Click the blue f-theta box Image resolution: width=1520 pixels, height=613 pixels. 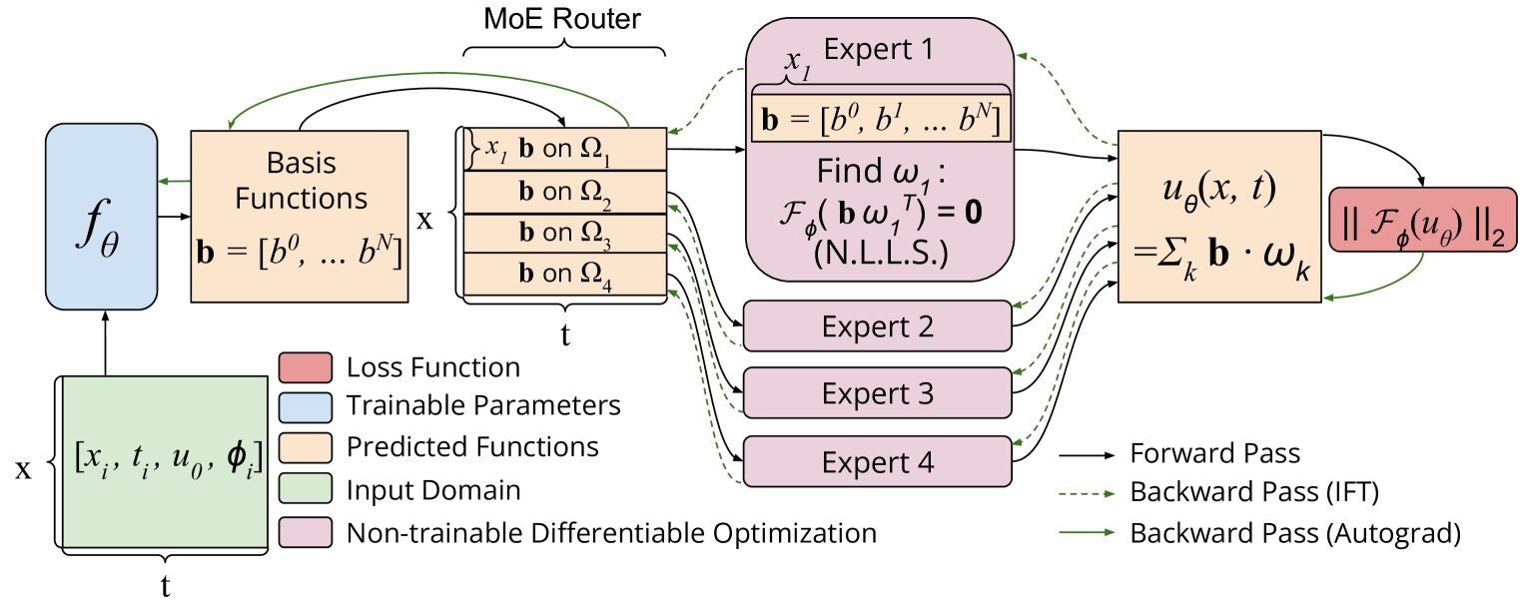coord(101,216)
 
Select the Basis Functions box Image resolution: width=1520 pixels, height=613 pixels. coord(300,216)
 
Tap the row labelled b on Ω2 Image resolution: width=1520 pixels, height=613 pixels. coord(564,192)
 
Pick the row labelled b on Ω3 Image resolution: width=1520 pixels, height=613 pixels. coord(564,234)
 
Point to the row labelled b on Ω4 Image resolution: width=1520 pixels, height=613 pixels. coord(564,274)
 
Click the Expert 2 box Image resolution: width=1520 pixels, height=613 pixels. coord(878,326)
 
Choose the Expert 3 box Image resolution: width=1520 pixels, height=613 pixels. coord(878,393)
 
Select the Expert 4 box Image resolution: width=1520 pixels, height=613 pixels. coord(878,462)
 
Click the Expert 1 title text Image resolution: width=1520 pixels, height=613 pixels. coord(879,49)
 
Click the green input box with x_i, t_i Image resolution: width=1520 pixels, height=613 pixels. coord(165,461)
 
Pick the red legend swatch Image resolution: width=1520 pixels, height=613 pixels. coord(305,367)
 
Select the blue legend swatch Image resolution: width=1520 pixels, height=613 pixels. coord(305,407)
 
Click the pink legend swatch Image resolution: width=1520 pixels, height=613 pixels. coord(305,532)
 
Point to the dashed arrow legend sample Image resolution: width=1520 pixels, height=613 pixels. coord(1087,493)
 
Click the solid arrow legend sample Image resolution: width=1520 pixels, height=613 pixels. coord(1087,531)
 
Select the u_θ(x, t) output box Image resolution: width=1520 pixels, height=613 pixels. coord(1218,216)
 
